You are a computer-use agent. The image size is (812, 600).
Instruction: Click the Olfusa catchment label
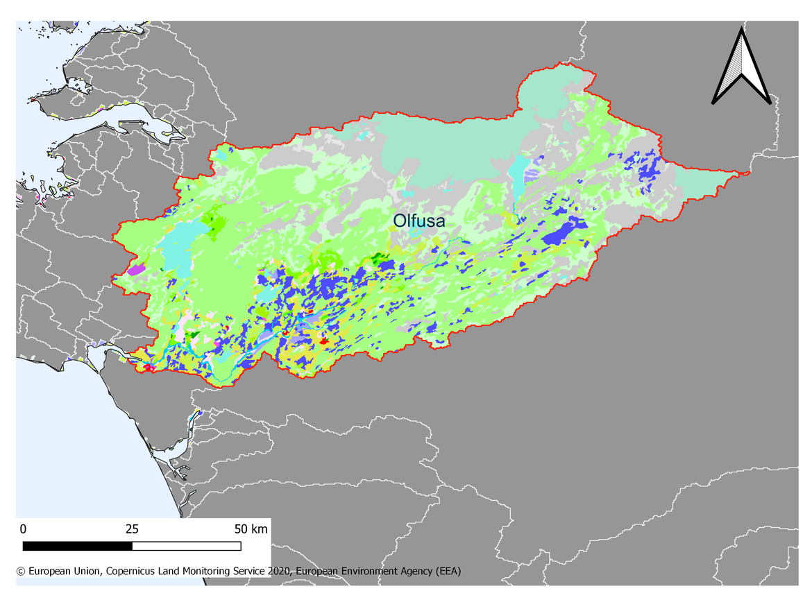pos(418,221)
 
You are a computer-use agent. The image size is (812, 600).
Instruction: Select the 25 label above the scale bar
pos(132,529)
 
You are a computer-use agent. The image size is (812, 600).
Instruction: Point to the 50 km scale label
pos(250,529)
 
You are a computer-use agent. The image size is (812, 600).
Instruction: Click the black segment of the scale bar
pos(77,546)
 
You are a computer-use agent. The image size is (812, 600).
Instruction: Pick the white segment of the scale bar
pos(186,546)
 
